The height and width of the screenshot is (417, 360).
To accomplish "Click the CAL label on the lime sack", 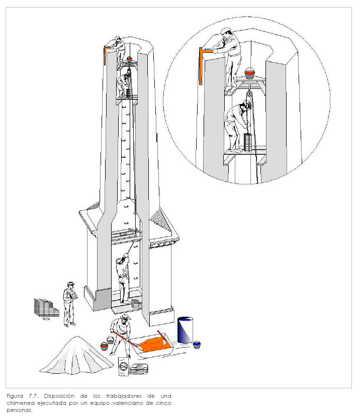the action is (124, 366).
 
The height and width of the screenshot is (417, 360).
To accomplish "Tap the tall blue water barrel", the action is (185, 330).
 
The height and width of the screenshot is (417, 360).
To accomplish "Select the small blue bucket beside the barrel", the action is (197, 345).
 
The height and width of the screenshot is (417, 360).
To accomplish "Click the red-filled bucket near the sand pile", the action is (104, 346).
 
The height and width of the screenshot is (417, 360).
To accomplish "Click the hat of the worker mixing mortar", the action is (125, 317).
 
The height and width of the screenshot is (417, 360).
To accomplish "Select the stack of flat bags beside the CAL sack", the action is (139, 369).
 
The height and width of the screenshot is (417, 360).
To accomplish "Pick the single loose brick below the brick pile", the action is (47, 319).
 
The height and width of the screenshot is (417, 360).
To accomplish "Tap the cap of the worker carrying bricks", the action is (71, 283).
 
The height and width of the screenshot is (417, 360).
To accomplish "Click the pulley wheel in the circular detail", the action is (249, 94).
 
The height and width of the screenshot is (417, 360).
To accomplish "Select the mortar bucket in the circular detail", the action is (250, 73).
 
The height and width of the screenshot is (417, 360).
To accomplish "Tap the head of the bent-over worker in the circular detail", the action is (245, 106).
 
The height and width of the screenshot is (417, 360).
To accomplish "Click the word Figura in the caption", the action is (15, 396).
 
